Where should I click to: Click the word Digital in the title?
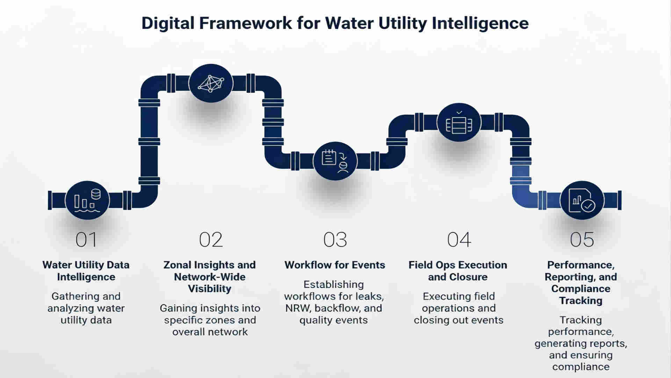point(167,23)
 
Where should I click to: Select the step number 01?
point(86,240)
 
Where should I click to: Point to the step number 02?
point(210,240)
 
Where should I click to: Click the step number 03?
point(335,240)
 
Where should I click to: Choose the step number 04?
point(459,240)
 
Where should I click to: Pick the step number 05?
point(582,240)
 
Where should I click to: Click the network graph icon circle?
point(211,83)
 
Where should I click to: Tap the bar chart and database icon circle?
point(87,200)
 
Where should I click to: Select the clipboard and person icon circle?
point(335,161)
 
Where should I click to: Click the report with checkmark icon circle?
point(582,201)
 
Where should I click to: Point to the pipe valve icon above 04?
point(459,122)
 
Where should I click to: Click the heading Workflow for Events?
point(334,265)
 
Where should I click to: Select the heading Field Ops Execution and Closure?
point(458,271)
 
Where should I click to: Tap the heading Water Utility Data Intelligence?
point(86,271)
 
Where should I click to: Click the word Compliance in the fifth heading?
point(580,289)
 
